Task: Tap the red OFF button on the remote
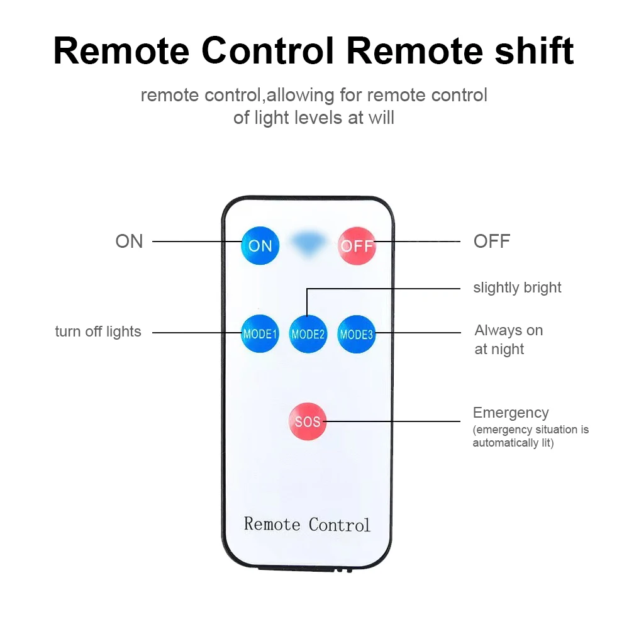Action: pos(357,245)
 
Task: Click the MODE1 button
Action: pos(260,333)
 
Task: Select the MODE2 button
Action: pos(308,334)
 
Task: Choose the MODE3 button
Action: pos(357,333)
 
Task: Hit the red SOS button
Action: pos(308,421)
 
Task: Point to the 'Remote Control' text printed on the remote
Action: pos(307,524)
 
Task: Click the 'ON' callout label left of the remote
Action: pos(129,242)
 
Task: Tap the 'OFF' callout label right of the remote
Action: pos(491,242)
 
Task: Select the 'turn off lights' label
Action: pos(98,331)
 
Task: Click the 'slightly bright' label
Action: pos(517,287)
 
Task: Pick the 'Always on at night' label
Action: pos(508,340)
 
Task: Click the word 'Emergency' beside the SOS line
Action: pos(511,413)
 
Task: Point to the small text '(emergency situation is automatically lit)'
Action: pos(530,437)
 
